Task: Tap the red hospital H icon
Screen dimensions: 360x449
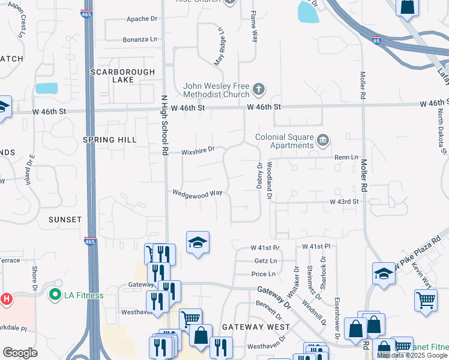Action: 7,298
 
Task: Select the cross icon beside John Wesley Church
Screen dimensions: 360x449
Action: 259,90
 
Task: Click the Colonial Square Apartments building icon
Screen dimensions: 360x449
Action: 323,140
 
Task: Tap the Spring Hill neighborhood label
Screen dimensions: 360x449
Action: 109,139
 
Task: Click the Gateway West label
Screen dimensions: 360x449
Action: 256,327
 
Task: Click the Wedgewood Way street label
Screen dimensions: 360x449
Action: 197,193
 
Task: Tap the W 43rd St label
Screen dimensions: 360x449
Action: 343,202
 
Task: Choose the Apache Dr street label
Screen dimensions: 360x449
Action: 142,19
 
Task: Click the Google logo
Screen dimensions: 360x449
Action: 20,352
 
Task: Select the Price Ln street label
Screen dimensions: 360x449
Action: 264,274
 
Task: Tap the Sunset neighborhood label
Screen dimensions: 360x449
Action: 65,220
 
